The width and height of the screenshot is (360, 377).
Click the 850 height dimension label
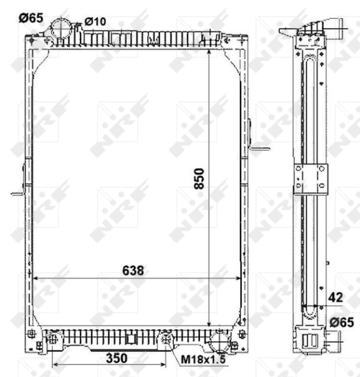click(x=199, y=178)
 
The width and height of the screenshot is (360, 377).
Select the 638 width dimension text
click(x=133, y=270)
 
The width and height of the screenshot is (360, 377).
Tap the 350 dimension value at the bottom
click(x=117, y=358)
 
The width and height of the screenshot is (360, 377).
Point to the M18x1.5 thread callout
click(x=203, y=359)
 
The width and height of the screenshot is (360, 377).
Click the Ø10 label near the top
click(x=95, y=21)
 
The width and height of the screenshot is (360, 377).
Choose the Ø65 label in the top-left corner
click(x=31, y=18)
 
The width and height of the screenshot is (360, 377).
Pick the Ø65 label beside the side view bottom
click(x=342, y=322)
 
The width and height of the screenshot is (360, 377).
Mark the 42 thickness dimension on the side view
click(x=335, y=298)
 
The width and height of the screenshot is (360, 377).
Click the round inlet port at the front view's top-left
click(x=61, y=28)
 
